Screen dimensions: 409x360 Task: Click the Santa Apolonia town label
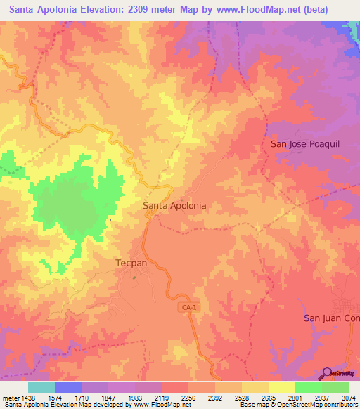(174, 206)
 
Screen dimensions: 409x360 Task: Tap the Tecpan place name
(130, 264)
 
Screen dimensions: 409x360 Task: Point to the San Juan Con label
(331, 318)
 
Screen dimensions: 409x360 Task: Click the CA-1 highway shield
(186, 308)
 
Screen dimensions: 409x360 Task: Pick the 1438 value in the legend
(28, 398)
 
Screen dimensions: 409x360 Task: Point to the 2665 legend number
(268, 398)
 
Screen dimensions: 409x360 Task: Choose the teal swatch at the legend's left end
(41, 387)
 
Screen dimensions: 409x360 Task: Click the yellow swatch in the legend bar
(281, 387)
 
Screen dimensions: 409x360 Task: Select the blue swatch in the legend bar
(68, 387)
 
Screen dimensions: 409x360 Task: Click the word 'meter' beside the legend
(10, 398)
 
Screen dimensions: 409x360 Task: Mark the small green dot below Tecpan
(134, 277)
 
